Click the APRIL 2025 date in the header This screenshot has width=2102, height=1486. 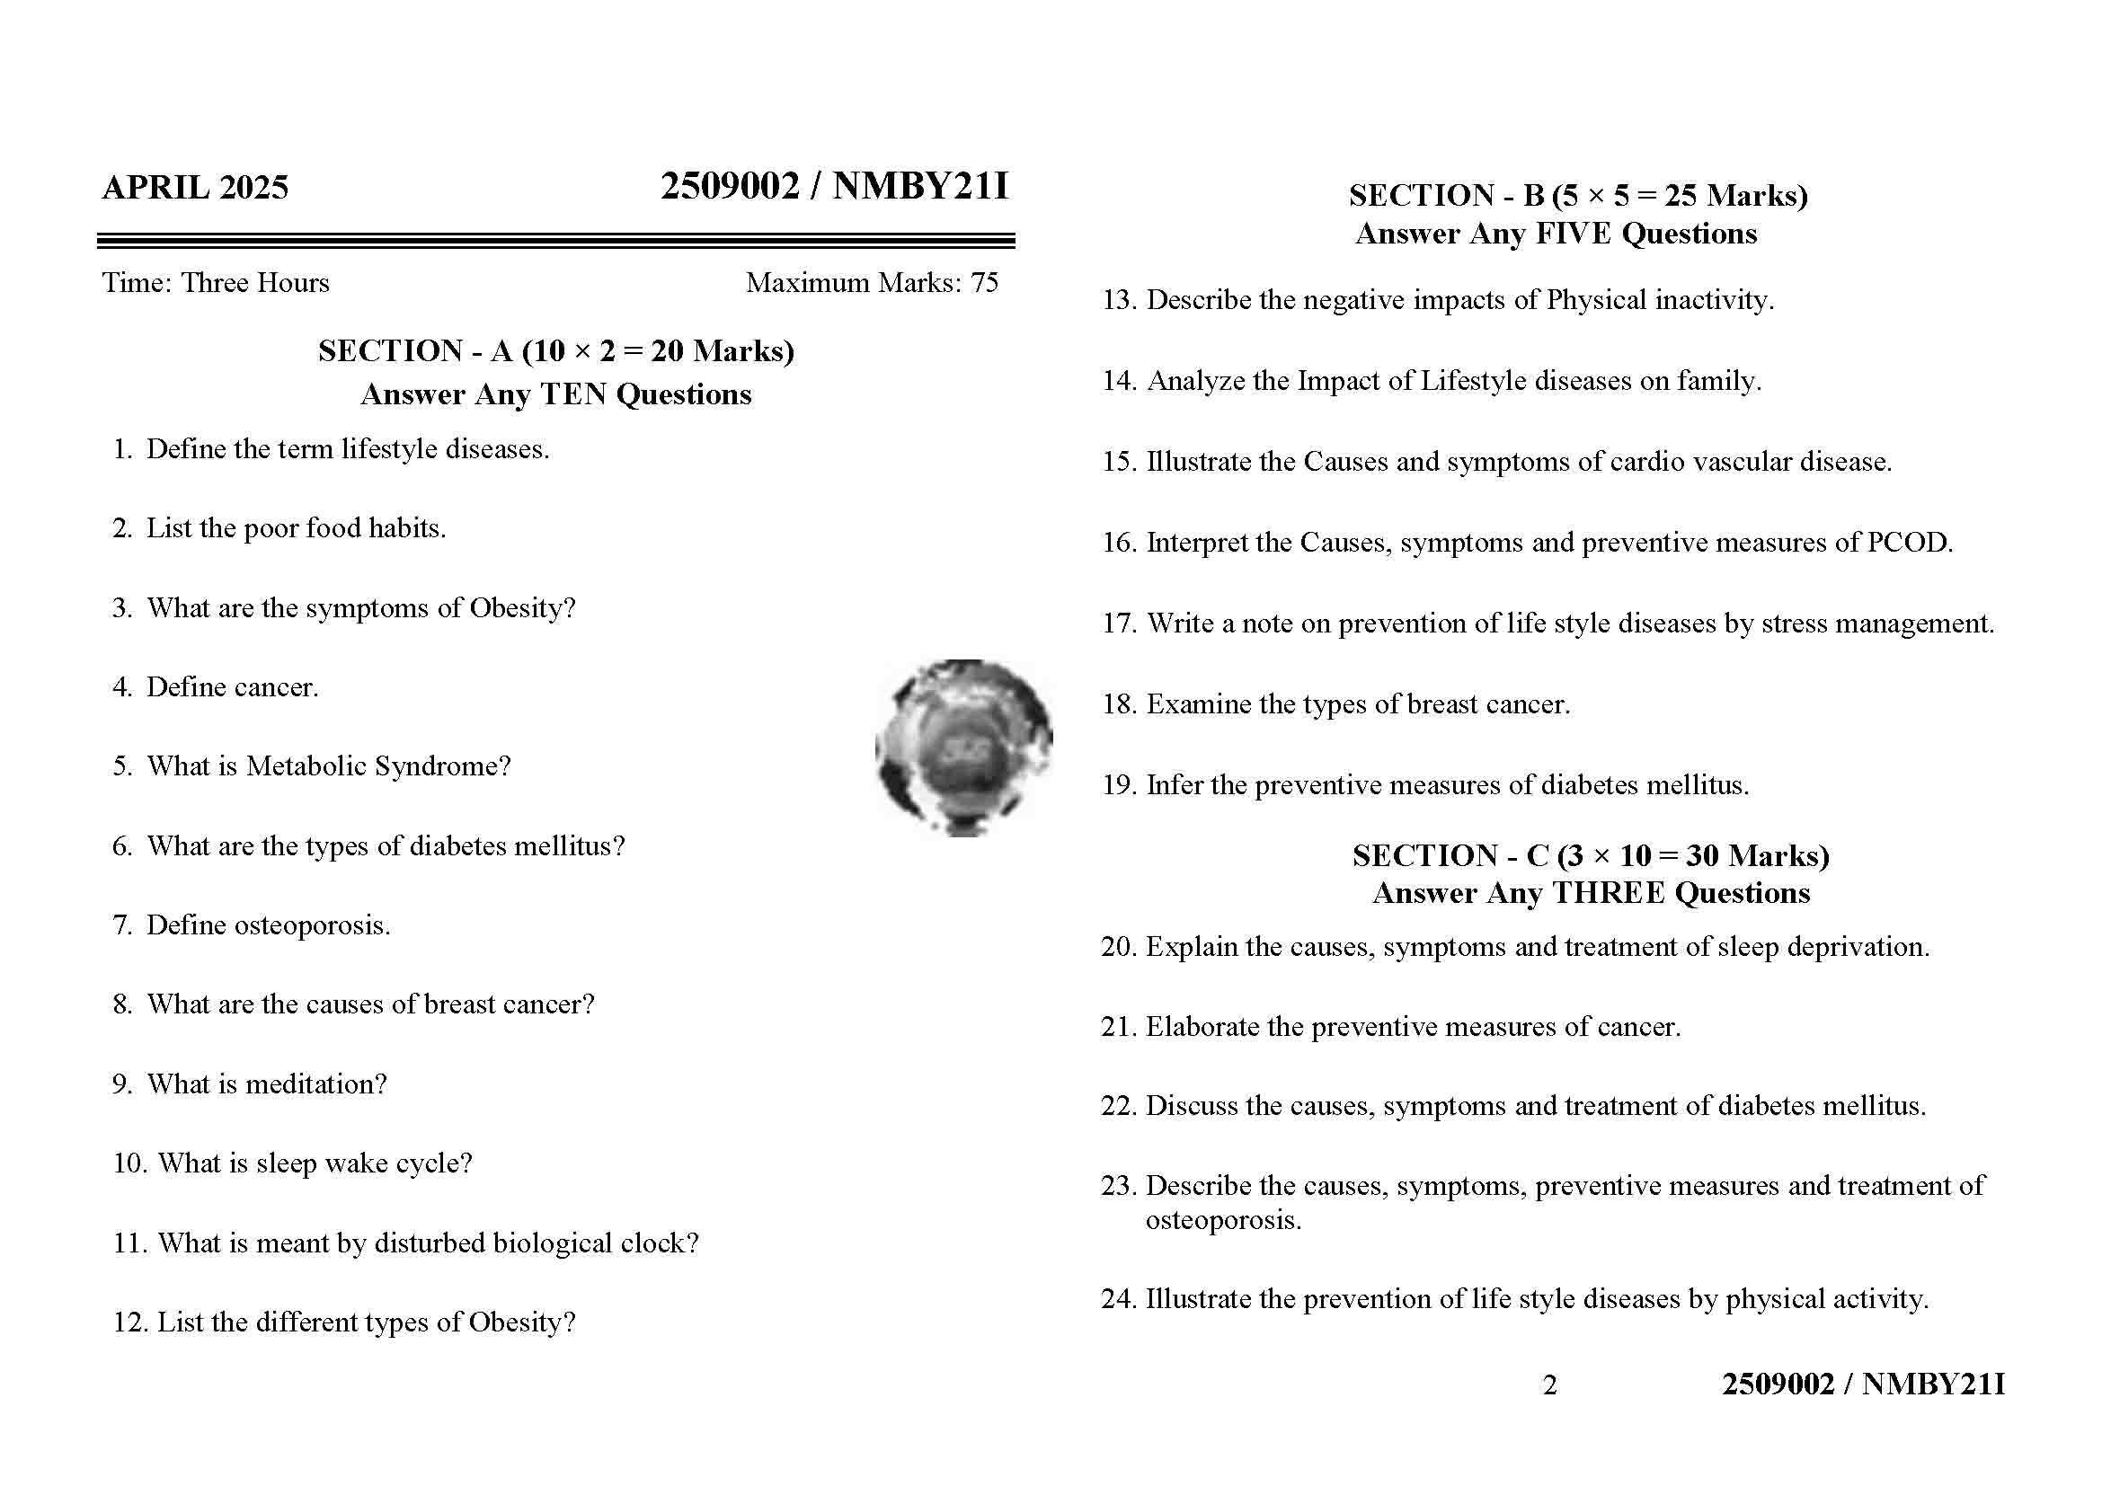[195, 188]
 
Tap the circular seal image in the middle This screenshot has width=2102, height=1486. [963, 747]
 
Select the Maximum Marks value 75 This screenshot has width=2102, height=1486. [984, 283]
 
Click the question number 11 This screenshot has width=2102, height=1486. [129, 1243]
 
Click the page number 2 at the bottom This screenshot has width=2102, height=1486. [1549, 1385]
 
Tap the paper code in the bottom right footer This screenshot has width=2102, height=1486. [1863, 1384]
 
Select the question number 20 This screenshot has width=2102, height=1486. [1117, 947]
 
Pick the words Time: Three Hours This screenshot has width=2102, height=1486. [216, 283]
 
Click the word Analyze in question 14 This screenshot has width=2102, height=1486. [1194, 381]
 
